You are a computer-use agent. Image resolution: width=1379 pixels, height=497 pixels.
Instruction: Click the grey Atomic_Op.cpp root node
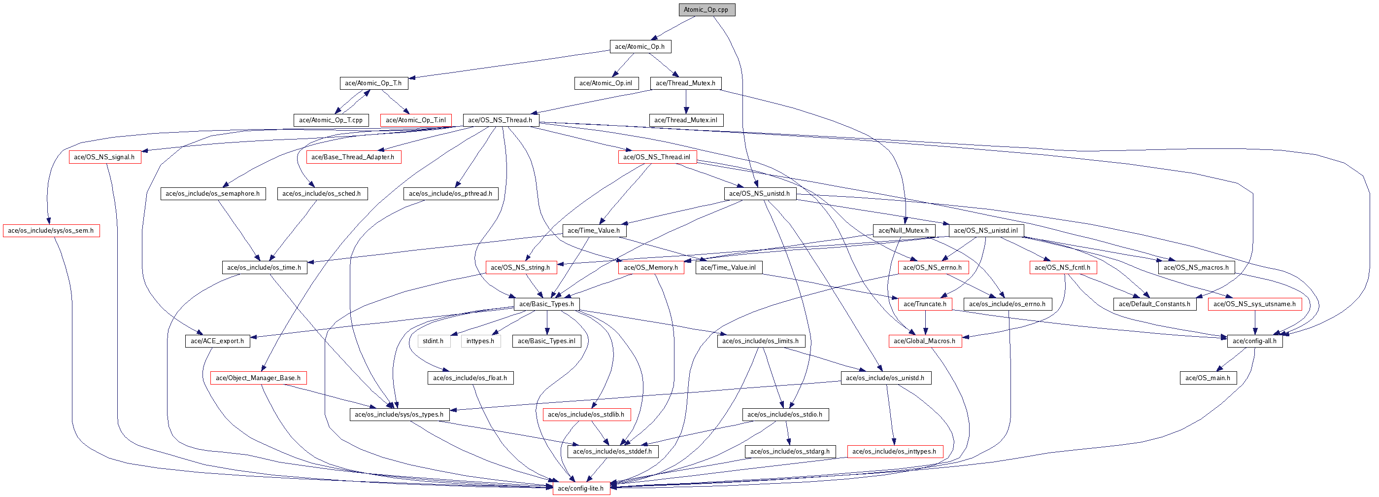706,10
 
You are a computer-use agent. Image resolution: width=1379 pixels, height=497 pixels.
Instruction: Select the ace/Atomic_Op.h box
640,46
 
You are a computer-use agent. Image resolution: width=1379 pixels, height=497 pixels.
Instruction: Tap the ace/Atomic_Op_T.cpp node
330,120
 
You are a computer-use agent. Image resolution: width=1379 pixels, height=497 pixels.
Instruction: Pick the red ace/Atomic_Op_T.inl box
416,120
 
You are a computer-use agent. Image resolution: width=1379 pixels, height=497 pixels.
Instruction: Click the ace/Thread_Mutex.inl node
686,120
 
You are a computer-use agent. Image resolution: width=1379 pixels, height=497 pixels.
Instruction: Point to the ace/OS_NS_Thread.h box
501,120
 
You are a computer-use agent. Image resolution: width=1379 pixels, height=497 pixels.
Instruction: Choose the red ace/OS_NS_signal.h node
105,157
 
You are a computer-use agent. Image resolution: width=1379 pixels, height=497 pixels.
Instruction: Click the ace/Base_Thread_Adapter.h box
353,157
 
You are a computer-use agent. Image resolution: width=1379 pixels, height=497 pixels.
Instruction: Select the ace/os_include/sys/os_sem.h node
51,231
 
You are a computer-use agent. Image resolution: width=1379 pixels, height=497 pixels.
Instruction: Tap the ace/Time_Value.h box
594,231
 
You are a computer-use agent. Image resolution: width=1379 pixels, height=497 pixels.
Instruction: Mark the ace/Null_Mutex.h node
904,231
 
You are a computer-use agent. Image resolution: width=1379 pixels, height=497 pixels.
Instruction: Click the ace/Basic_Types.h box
546,304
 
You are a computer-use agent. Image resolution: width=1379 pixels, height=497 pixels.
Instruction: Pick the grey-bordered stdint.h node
433,341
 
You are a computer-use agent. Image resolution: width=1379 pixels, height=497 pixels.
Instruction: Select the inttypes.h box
481,341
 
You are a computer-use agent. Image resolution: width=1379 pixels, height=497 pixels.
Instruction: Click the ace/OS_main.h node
1208,378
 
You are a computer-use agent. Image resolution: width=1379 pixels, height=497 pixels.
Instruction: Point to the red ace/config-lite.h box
581,489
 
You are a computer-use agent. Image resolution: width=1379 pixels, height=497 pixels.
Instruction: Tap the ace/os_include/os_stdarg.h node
790,452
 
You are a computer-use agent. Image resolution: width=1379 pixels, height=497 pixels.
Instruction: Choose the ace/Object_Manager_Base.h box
259,378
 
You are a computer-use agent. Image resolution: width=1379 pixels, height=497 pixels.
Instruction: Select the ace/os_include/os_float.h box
470,378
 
